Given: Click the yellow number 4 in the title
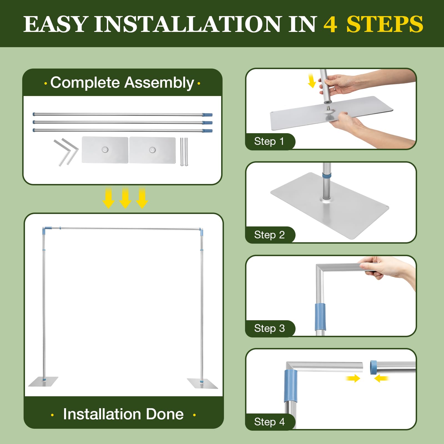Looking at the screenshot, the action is [330, 24].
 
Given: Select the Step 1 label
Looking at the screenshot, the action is [269, 141].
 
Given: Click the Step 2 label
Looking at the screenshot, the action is [269, 235].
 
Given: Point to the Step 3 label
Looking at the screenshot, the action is [269, 328].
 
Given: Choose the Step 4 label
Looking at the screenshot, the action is [269, 422].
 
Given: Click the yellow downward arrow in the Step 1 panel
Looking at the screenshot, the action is [312, 81].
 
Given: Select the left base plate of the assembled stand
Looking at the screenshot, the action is [43, 382].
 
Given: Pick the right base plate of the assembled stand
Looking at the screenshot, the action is [202, 384].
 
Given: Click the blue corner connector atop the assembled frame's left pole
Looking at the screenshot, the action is [46, 230].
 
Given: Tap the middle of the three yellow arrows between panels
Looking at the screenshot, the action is [125, 198].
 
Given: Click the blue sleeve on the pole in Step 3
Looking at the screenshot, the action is [320, 317].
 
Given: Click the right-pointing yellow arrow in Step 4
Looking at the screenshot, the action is [353, 378].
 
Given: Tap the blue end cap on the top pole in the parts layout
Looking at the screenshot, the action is [207, 115].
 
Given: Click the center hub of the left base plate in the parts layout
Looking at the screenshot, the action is [105, 150].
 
